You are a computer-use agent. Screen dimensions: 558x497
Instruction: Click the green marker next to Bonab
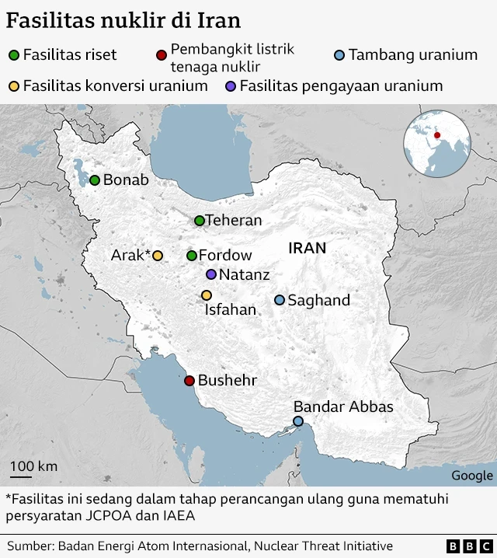pyautogui.click(x=95, y=180)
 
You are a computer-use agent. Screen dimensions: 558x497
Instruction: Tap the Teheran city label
pyautogui.click(x=234, y=221)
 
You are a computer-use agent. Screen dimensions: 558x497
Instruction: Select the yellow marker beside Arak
pyautogui.click(x=158, y=256)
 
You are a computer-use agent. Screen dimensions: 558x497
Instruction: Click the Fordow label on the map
pyautogui.click(x=225, y=256)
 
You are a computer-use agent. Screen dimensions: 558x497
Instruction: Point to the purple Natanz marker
pyautogui.click(x=211, y=274)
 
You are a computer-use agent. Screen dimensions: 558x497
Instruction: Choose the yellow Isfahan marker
pyautogui.click(x=207, y=295)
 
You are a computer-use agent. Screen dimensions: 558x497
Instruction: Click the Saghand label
pyautogui.click(x=318, y=301)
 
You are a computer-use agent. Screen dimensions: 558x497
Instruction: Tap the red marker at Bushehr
pyautogui.click(x=189, y=381)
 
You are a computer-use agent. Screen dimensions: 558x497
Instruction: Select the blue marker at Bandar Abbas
pyautogui.click(x=298, y=421)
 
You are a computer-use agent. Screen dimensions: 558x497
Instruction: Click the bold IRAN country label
pyautogui.click(x=307, y=249)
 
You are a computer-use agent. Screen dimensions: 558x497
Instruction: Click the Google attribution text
pyautogui.click(x=471, y=476)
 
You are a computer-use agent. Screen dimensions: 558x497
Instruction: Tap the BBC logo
pyautogui.click(x=469, y=546)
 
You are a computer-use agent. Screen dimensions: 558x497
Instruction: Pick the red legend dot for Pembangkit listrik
pyautogui.click(x=161, y=55)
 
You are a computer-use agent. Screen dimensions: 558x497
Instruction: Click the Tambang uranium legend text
pyautogui.click(x=412, y=55)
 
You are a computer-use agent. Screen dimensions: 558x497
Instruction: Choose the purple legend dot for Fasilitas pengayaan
pyautogui.click(x=230, y=86)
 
